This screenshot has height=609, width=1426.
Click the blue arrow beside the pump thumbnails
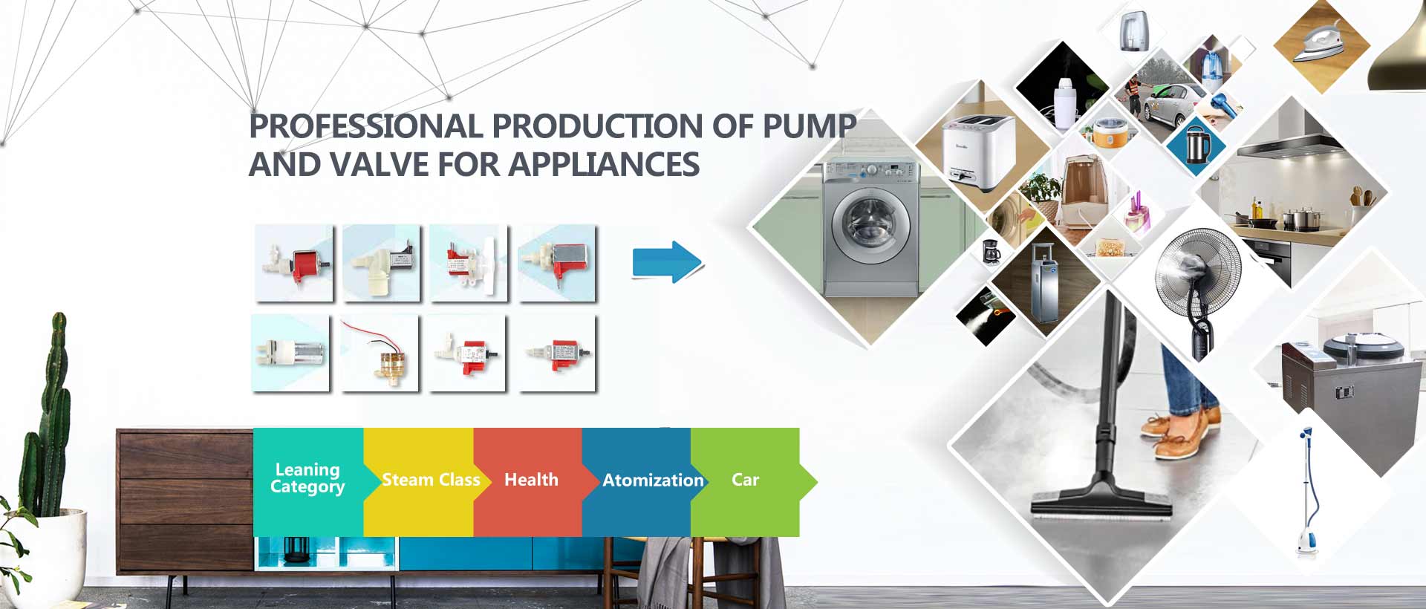[667, 261]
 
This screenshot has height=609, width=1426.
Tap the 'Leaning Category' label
[307, 478]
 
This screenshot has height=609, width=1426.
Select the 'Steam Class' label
[431, 480]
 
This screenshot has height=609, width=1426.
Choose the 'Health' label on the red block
[531, 480]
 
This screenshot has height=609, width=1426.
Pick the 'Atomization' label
[653, 481]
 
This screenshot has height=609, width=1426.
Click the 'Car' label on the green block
[745, 480]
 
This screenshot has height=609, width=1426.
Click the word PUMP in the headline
[810, 126]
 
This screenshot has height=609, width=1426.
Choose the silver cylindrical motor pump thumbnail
[290, 353]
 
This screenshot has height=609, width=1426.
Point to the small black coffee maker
[991, 252]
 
